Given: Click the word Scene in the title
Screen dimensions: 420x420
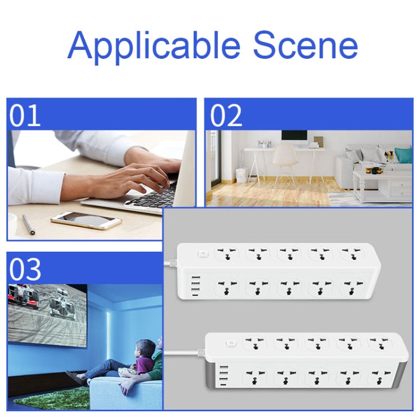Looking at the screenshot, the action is pos(306,45).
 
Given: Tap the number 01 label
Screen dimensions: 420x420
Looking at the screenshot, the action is pos(25,116).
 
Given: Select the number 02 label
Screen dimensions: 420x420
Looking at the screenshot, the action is pos(226,116).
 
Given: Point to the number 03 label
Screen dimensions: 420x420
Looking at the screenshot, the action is pos(25,269).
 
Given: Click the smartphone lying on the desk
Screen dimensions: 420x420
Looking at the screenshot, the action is pos(86,220).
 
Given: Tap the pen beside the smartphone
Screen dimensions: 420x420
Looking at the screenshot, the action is pos(29,225).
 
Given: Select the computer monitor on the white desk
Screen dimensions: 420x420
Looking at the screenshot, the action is pos(294,138).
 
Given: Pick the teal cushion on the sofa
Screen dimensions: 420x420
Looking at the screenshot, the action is pos(403,155).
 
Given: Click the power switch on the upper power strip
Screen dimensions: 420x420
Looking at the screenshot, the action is pos(203,253).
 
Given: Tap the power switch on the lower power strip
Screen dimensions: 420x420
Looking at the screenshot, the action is pos(231,343).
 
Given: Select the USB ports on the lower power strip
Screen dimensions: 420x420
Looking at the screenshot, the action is pos(224,376).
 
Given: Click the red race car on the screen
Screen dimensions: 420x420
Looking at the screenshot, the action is pos(21,297).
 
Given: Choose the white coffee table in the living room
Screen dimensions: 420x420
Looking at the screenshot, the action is pos(382,183).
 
